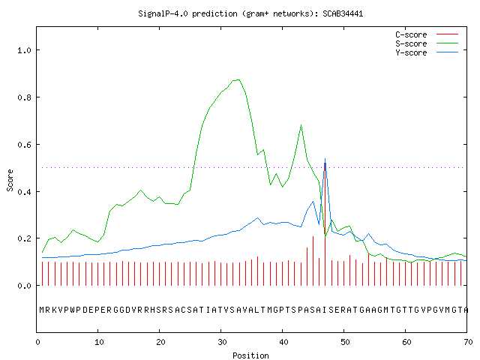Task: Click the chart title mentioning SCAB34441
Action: click(250, 13)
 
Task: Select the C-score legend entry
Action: click(427, 34)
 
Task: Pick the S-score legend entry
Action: click(427, 43)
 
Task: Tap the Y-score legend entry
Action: click(427, 52)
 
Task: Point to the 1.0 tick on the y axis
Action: click(24, 50)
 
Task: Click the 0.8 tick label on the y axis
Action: click(24, 97)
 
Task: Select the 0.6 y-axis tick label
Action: click(24, 145)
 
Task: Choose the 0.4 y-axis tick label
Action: click(24, 192)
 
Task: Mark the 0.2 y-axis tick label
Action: click(24, 238)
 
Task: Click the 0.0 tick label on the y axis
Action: click(24, 286)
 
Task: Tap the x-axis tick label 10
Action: click(99, 342)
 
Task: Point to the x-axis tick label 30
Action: click(222, 342)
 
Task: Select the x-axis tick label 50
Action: click(345, 342)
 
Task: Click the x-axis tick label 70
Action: click(468, 342)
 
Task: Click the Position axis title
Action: click(250, 355)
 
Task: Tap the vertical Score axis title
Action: click(10, 180)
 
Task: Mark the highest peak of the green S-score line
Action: click(238, 80)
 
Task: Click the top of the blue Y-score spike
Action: click(325, 158)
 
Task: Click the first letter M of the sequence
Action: click(42, 310)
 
